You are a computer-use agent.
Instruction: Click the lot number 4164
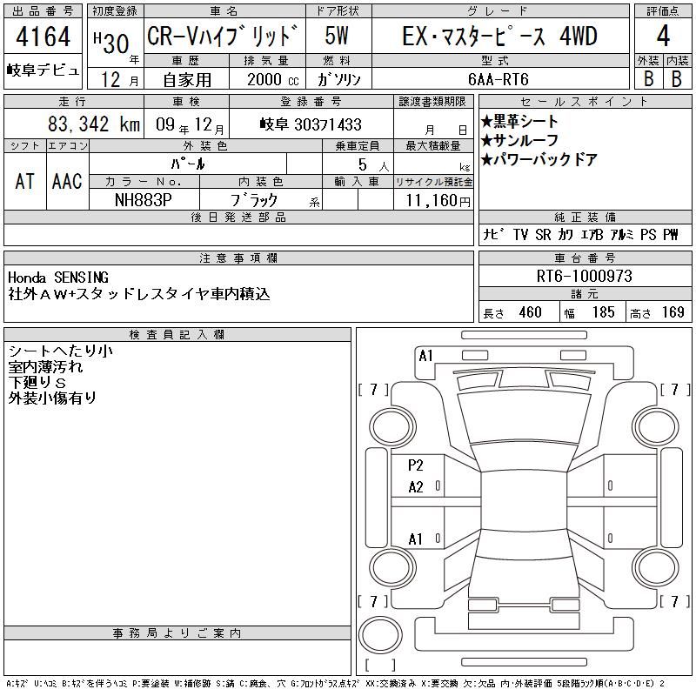43,37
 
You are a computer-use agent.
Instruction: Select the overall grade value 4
663,36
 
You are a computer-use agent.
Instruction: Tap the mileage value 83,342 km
94,124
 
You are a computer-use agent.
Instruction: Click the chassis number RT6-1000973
584,276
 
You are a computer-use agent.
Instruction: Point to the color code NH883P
143,200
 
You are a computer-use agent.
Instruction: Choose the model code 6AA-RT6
499,79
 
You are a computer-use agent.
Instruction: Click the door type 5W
337,36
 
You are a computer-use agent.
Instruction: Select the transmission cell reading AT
25,182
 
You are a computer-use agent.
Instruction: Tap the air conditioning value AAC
67,182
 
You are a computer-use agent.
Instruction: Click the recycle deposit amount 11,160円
438,201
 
